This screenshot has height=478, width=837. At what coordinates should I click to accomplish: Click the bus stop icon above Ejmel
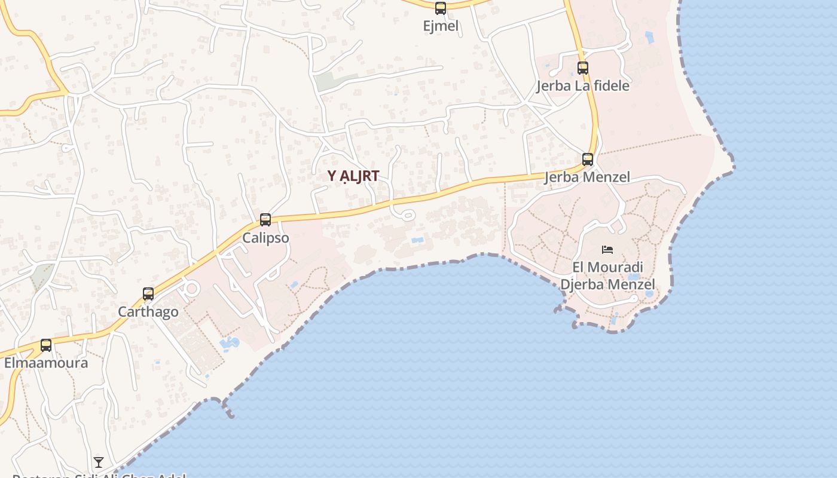point(441,8)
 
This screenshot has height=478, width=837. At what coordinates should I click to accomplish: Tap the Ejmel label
point(441,26)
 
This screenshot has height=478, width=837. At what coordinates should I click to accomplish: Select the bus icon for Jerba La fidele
point(583,68)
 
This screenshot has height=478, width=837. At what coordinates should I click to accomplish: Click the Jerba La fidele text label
point(583,85)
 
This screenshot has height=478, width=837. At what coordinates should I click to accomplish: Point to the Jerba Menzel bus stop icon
point(588,160)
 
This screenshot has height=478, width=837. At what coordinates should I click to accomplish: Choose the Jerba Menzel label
point(587,177)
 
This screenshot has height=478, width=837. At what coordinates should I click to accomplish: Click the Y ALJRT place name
point(353,176)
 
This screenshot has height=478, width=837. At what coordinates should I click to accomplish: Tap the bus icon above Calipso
point(265,220)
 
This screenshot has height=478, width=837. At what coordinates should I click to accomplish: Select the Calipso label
point(265,238)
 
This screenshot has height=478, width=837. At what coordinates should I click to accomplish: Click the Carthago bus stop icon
point(148,294)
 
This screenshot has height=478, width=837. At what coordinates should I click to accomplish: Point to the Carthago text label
point(148,312)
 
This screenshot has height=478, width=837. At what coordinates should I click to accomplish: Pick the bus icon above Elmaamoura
point(46,345)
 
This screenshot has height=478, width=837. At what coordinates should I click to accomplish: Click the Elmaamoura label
point(46,363)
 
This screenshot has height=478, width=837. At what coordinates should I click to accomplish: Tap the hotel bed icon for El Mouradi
point(607,249)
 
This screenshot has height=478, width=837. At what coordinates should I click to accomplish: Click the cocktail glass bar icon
point(99,462)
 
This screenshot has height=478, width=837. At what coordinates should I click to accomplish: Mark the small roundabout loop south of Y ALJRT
point(407,215)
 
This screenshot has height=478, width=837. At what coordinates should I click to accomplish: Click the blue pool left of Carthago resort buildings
point(229,343)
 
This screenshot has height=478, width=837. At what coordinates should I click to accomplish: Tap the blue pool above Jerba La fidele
point(650,38)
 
